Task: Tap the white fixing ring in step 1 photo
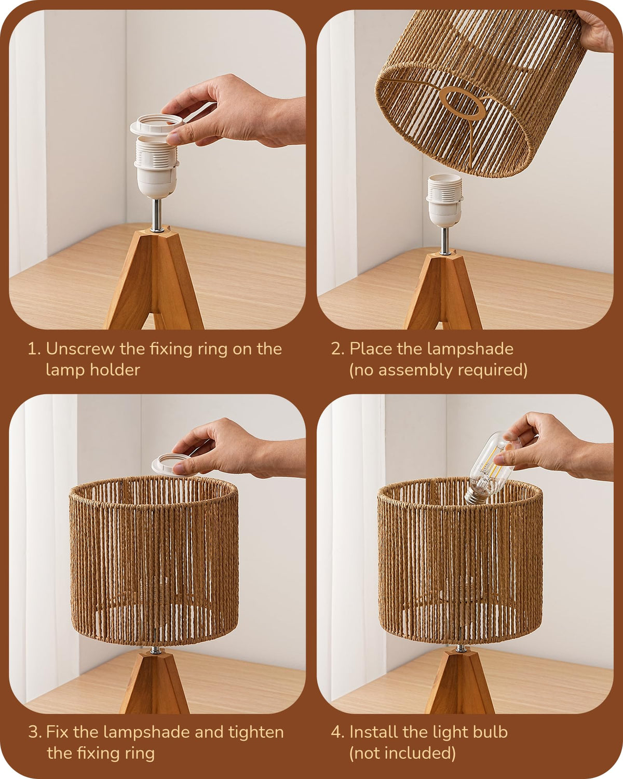tap(156, 125)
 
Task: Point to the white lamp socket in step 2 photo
tap(444, 200)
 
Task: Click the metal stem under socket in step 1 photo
tap(157, 215)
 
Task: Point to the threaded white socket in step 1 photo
tap(156, 167)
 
